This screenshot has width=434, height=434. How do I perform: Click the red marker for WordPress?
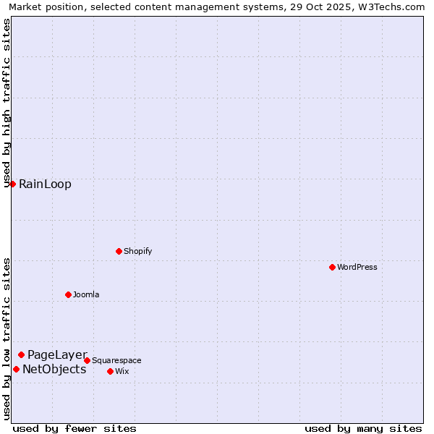[x=332, y=267]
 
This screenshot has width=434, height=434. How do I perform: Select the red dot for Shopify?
[x=119, y=251]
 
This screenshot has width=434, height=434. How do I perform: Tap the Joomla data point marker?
[x=68, y=294]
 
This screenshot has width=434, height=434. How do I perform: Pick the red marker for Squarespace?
[x=87, y=360]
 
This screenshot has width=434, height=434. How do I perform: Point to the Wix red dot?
[x=110, y=371]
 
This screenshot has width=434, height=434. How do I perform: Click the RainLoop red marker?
[x=12, y=184]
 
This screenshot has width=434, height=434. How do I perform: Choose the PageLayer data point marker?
[x=21, y=354]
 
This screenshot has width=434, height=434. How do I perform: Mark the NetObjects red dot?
[x=16, y=369]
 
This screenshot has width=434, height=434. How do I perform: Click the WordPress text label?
[x=357, y=267]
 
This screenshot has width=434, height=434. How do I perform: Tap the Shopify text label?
[x=137, y=251]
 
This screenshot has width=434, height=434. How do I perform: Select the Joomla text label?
[x=86, y=294]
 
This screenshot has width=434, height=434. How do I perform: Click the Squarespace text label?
[x=116, y=360]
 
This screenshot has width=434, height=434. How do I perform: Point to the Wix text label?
[x=122, y=371]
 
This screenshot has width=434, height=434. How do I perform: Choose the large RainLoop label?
[x=45, y=184]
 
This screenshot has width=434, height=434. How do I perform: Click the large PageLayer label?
[x=57, y=354]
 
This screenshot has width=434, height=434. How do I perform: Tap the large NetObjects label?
[x=54, y=369]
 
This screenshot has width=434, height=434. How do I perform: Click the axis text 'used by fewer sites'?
[x=75, y=428]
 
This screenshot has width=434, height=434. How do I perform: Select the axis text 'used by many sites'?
[x=363, y=428]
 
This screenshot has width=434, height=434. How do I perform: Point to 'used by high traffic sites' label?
[x=7, y=103]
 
